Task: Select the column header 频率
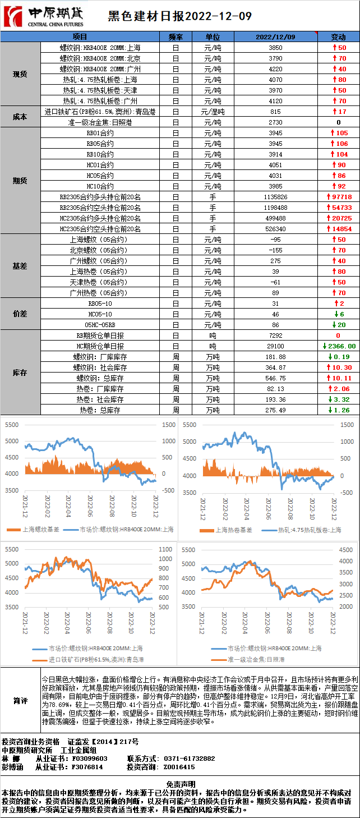(176, 36)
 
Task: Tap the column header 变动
(339, 36)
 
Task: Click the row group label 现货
(20, 74)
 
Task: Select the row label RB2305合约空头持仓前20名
(100, 208)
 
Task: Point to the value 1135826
(275, 197)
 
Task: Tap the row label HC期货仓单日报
(100, 346)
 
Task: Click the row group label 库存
(20, 373)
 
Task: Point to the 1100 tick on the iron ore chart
(165, 549)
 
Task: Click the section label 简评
(20, 700)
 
